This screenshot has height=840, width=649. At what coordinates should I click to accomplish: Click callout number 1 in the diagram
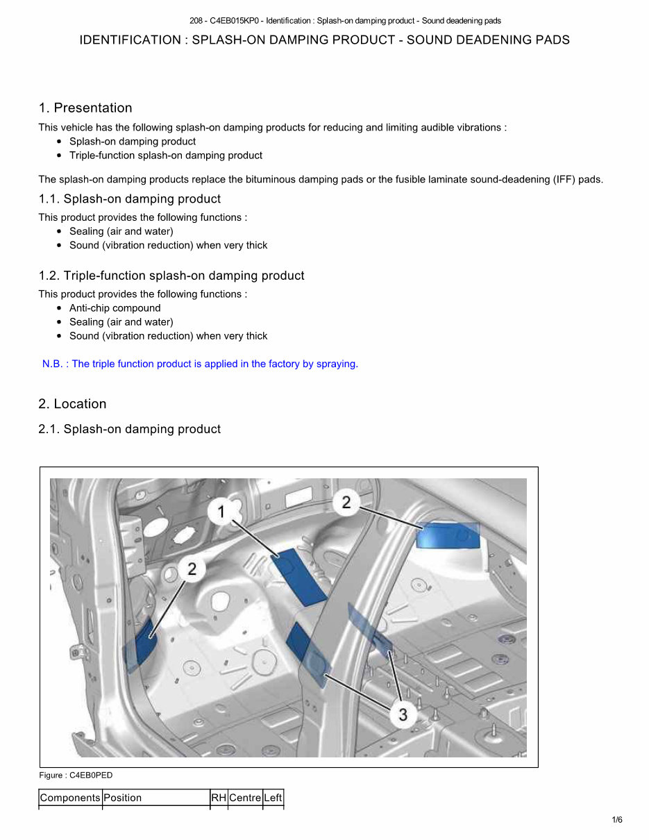[221, 512]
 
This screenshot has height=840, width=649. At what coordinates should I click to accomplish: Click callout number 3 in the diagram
[403, 713]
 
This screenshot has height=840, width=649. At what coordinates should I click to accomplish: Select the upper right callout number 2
[346, 502]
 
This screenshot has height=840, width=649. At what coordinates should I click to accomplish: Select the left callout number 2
[192, 569]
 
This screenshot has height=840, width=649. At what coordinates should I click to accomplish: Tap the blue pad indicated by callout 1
[299, 576]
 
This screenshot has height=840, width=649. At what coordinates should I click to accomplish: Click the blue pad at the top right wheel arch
[447, 536]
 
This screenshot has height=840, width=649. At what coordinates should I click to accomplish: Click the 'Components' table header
[70, 798]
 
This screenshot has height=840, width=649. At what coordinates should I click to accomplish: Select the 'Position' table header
[123, 798]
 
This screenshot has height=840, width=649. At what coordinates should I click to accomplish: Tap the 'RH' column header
[219, 798]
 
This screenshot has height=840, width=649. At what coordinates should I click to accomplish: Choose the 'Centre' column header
[245, 798]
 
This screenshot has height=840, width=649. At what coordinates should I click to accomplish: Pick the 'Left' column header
[273, 798]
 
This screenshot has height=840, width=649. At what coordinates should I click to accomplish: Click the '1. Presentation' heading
[85, 108]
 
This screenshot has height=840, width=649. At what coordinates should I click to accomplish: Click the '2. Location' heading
[72, 404]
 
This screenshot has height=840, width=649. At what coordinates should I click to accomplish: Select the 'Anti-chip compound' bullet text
[115, 308]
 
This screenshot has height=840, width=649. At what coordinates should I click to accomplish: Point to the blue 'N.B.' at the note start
[52, 364]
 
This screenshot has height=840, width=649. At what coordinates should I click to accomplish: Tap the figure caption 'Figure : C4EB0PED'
[76, 775]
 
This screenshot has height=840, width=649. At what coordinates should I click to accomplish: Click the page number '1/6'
[617, 820]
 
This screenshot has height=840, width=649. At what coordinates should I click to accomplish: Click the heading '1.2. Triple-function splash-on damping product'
[171, 276]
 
